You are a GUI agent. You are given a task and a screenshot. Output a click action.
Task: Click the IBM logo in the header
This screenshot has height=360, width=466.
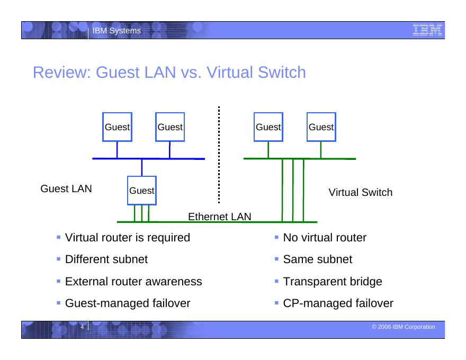427,31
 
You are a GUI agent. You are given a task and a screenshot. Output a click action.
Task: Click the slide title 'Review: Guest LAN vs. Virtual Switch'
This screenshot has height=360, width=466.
169,73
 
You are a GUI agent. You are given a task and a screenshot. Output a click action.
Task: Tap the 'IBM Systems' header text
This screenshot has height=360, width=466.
116,31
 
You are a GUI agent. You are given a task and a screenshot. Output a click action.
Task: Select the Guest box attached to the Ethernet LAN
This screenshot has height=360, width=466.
142,191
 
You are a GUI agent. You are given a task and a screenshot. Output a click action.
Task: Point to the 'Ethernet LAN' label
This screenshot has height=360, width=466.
220,217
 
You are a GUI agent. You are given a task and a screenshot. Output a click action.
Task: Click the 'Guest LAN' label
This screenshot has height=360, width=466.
66,188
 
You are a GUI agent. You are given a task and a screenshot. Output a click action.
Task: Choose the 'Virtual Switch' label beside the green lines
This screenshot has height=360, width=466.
361,192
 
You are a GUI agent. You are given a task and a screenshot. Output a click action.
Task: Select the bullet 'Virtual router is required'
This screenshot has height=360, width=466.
127,238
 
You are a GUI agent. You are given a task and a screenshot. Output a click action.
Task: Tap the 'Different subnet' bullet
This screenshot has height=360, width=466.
106,259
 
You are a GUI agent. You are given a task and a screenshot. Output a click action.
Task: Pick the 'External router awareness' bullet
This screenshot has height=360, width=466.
133,282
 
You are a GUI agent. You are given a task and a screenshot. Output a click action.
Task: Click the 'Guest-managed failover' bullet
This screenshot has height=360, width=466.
127,303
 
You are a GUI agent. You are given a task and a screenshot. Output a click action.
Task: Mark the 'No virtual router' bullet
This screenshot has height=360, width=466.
325,238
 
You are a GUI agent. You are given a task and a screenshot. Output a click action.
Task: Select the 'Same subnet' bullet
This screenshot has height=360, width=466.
318,259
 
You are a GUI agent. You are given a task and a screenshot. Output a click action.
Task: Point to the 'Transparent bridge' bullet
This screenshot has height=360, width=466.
333,282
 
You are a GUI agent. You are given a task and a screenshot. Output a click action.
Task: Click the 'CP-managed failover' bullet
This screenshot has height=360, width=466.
338,303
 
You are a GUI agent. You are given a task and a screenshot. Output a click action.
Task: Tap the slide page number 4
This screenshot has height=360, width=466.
82,327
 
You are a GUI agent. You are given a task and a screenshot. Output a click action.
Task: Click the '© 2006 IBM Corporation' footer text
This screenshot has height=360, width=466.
404,327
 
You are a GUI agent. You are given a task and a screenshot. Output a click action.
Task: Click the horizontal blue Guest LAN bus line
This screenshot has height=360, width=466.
148,158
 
